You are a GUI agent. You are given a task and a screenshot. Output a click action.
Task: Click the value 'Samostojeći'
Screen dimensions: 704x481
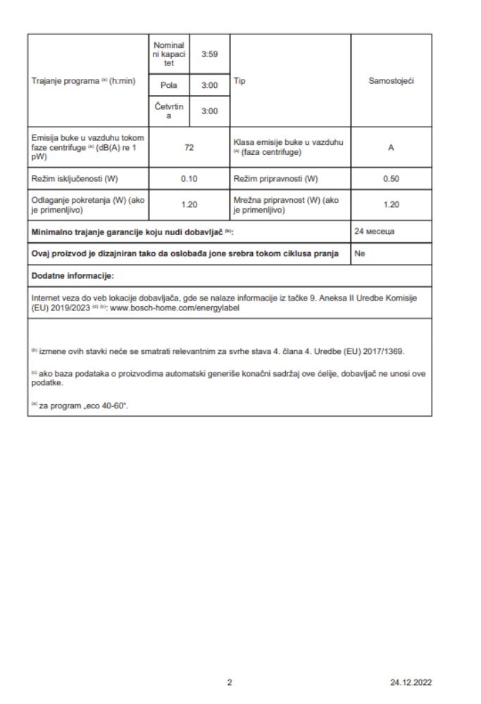[391, 81]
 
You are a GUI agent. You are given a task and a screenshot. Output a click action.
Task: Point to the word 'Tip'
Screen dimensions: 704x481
[240, 81]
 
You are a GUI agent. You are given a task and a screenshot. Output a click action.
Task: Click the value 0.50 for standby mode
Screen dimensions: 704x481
[391, 178]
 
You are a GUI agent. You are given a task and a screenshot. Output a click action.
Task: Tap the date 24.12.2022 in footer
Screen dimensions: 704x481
[411, 682]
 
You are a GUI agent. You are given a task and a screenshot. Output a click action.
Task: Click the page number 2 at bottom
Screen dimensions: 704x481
[230, 682]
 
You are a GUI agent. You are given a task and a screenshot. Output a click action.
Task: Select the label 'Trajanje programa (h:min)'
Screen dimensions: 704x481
[82, 81]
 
